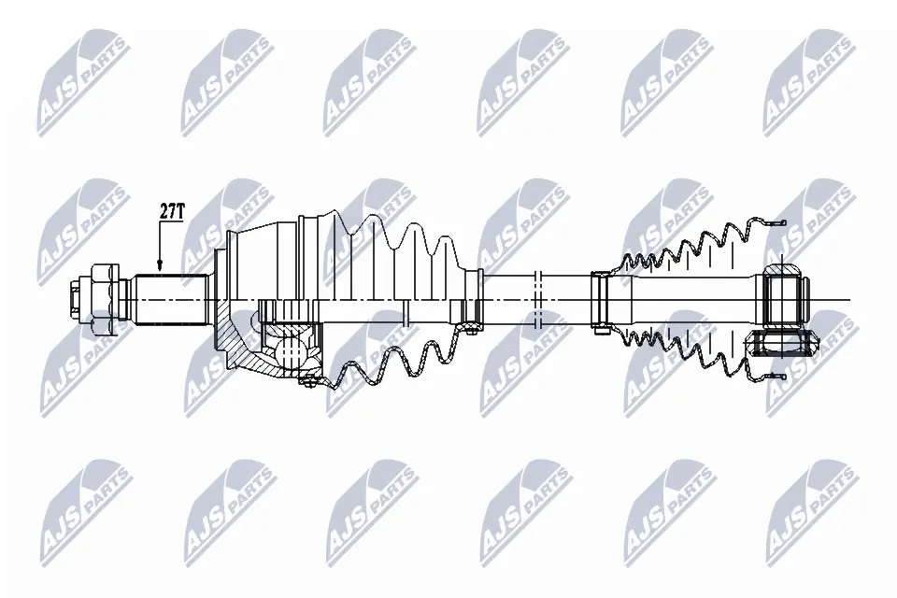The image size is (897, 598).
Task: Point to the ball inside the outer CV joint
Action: [289, 349]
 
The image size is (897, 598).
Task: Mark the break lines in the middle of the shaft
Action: [537, 299]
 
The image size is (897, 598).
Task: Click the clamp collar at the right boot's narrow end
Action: [600, 299]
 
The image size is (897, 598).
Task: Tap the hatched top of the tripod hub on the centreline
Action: [783, 273]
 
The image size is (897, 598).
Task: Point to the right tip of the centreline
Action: [849, 300]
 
